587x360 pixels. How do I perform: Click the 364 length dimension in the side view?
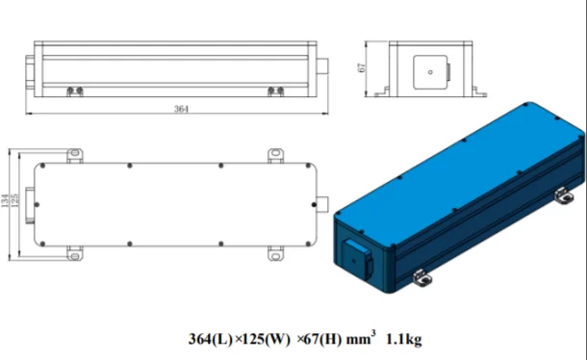181,109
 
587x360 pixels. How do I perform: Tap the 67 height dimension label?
362,67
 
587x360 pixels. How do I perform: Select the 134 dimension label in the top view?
5,200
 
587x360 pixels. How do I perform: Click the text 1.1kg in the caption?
403,339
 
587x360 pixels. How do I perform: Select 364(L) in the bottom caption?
211,339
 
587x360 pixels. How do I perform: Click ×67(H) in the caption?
319,339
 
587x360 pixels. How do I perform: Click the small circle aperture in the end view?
430,72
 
